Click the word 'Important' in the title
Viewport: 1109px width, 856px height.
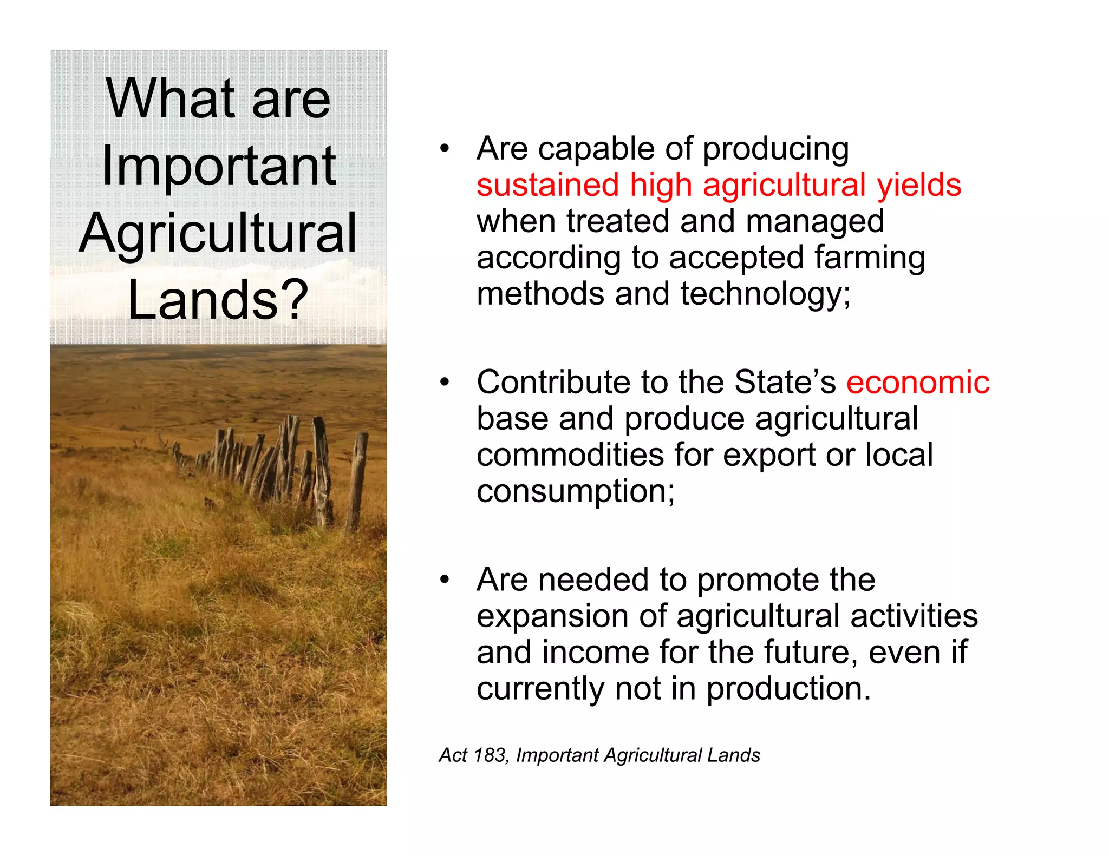coord(218,167)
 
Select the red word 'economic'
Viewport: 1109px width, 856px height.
coord(917,382)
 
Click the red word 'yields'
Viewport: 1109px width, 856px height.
coord(919,185)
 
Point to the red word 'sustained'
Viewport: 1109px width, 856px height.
coord(547,185)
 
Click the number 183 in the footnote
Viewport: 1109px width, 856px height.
coord(490,755)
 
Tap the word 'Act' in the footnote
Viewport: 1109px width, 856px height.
coord(453,755)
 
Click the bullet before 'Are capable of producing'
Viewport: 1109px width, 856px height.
coord(445,149)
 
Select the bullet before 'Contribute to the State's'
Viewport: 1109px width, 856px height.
coord(445,383)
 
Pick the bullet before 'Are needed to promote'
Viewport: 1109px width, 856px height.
coord(445,580)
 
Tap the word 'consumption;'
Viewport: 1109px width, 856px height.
coord(576,492)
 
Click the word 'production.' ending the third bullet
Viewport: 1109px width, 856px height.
coord(788,689)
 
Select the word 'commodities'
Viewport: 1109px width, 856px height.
coord(570,455)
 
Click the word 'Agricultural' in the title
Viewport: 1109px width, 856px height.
coord(218,233)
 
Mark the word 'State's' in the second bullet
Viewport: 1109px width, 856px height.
coord(785,382)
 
